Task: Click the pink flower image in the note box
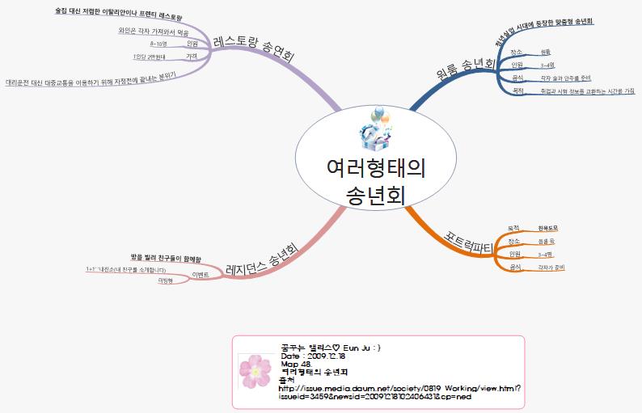[255, 371]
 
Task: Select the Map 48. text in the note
[295, 364]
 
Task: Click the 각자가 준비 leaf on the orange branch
[550, 266]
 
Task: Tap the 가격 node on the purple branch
[192, 57]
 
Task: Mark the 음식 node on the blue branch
[517, 78]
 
